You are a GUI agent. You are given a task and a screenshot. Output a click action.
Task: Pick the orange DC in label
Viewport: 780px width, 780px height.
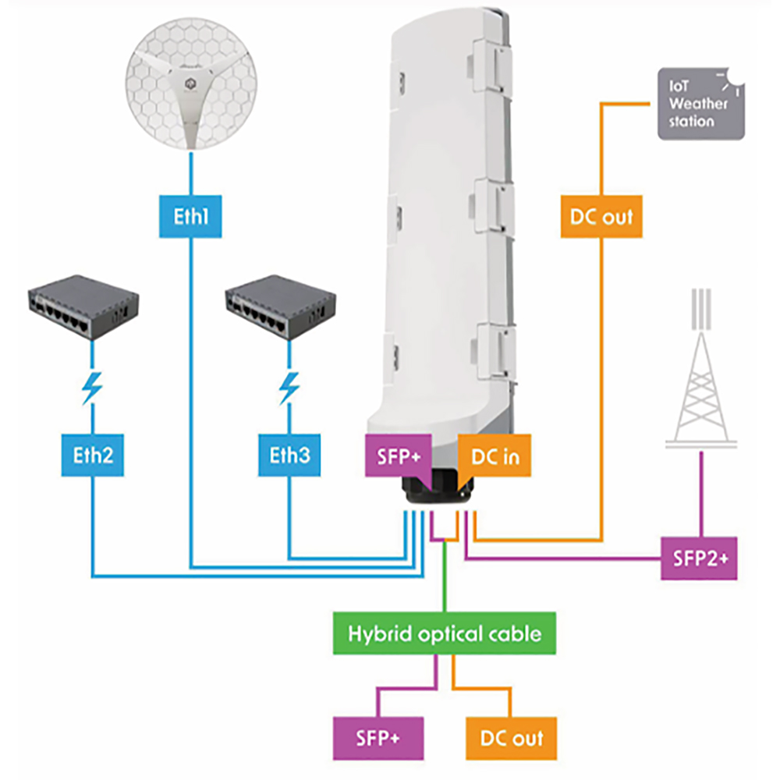coord(495,456)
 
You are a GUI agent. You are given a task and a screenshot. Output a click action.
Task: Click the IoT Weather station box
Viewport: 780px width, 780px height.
coord(700,104)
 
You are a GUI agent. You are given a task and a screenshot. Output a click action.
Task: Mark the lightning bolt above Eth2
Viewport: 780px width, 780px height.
coord(92,388)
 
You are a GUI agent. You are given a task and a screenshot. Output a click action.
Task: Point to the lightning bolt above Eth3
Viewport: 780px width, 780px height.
coord(289,388)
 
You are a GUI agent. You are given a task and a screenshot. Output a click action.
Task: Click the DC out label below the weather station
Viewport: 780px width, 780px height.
coord(601,216)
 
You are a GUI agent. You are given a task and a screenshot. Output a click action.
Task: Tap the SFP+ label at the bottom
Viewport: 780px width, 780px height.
coord(378,737)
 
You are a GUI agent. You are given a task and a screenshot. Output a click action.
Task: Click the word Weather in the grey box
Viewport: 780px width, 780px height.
coord(699,104)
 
